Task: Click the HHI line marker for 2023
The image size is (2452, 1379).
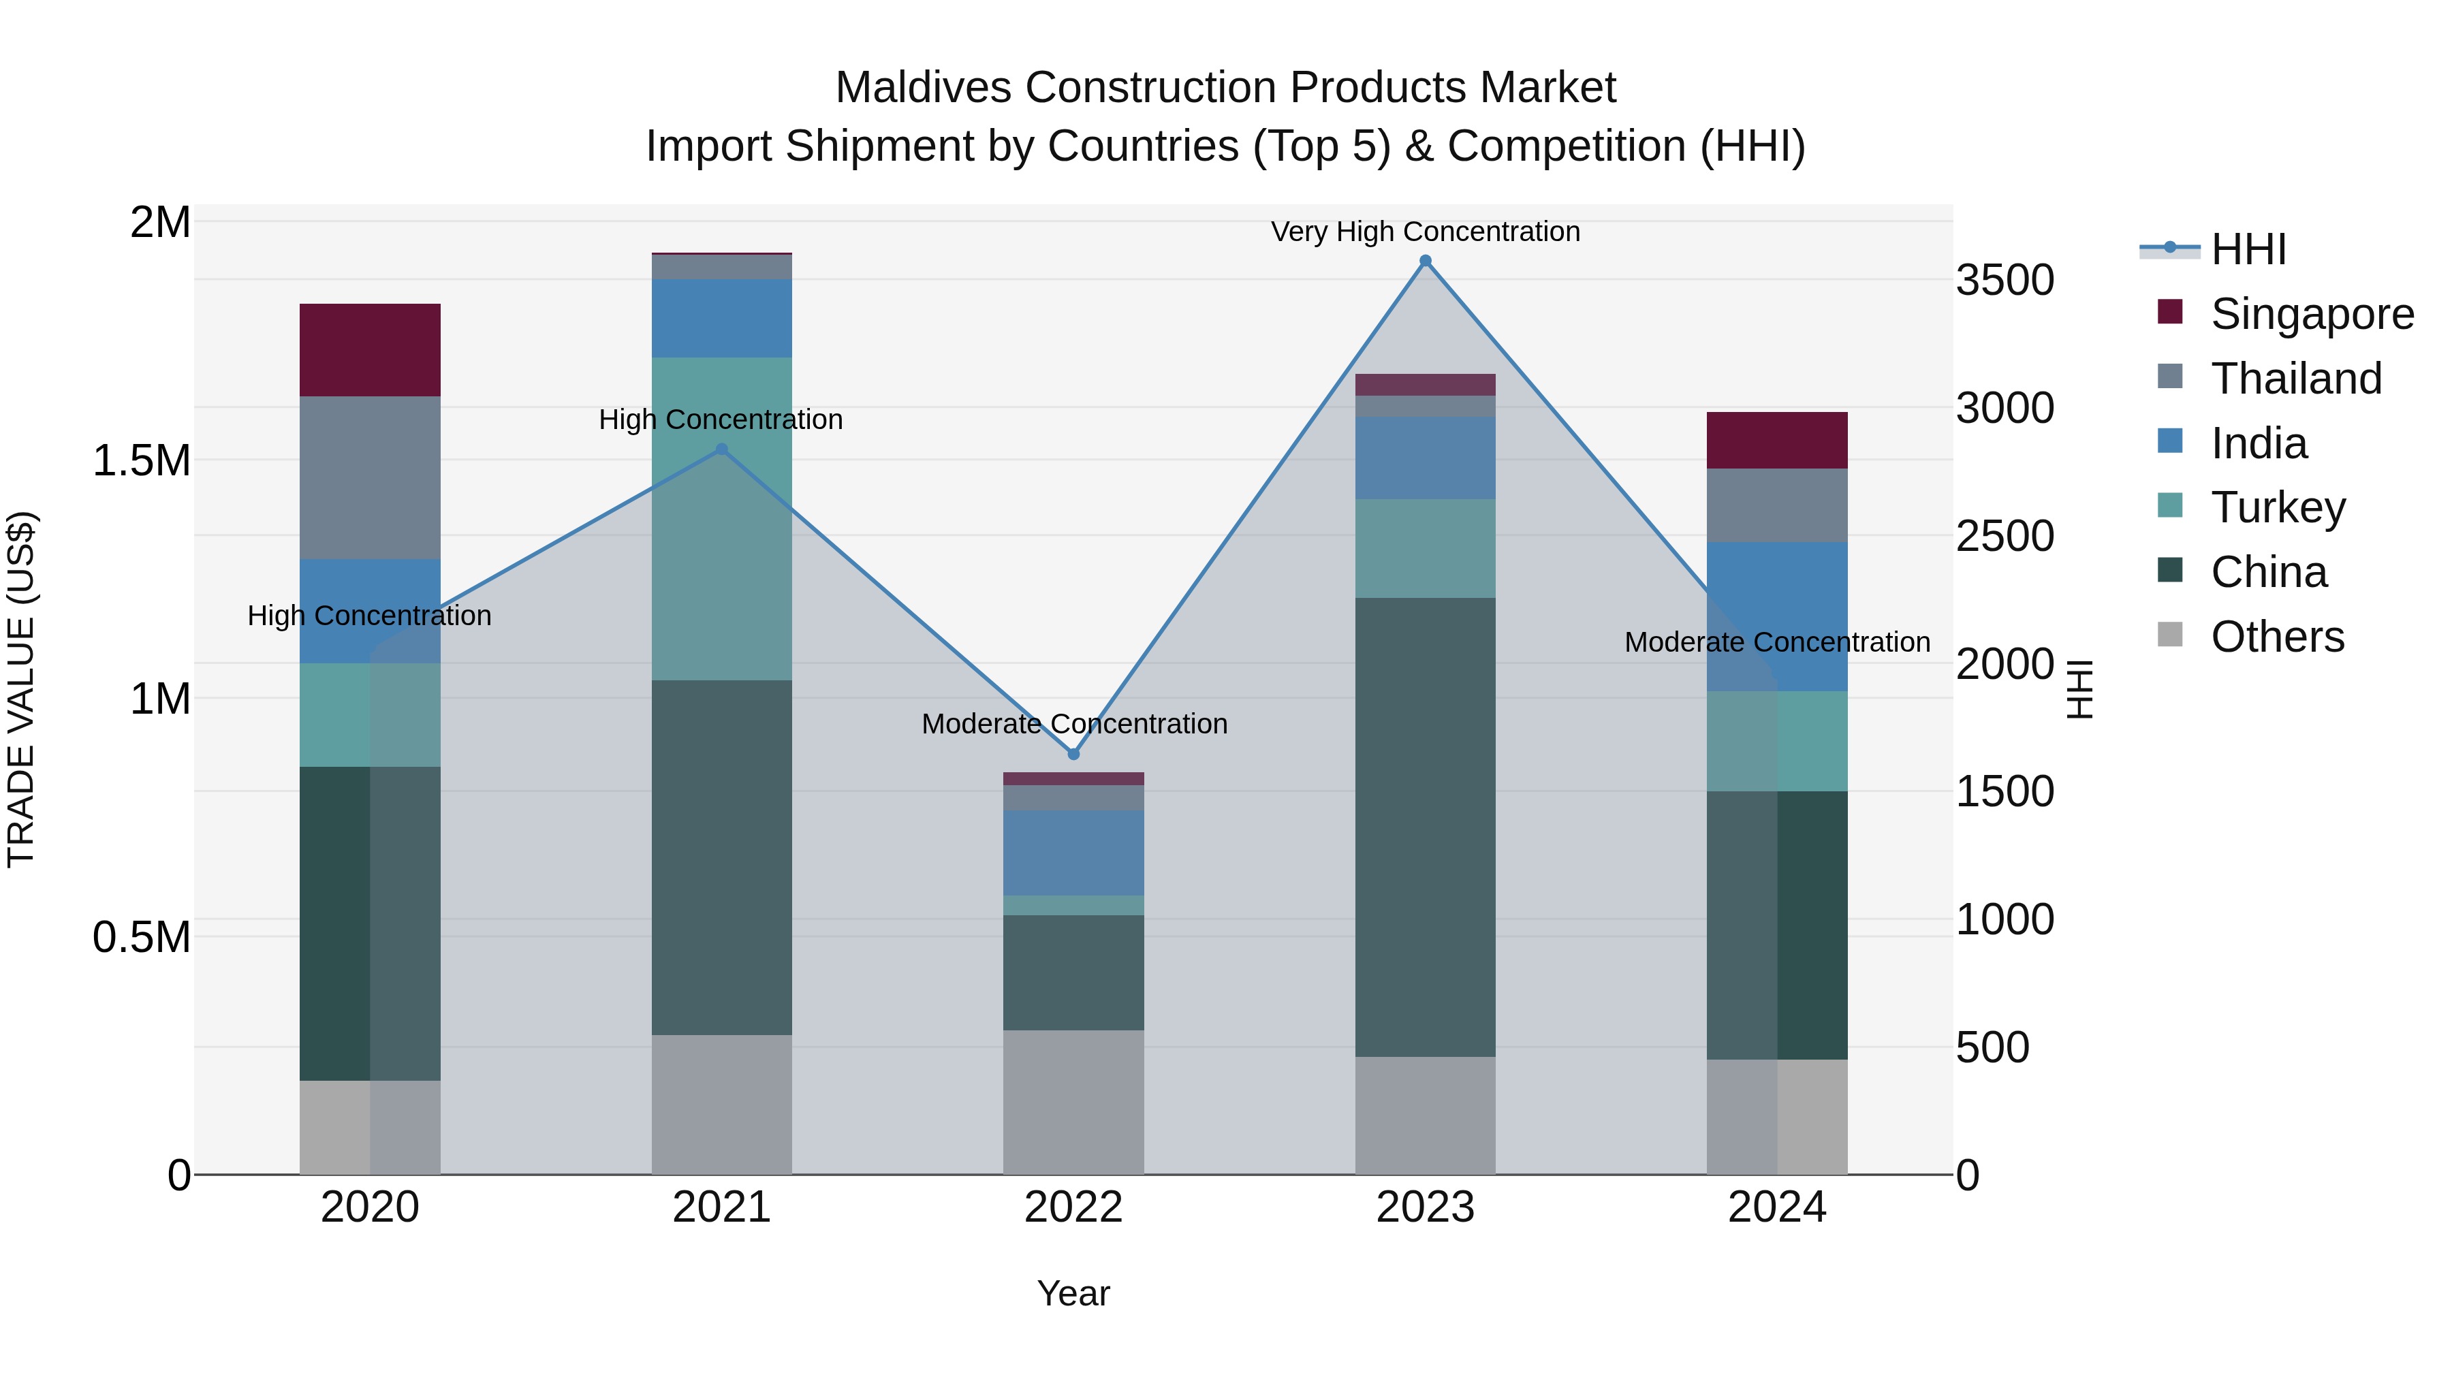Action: tap(1425, 261)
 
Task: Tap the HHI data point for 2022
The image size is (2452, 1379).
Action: tap(1073, 754)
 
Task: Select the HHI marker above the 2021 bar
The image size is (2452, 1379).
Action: tap(721, 449)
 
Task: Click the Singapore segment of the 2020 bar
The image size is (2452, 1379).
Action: tap(371, 349)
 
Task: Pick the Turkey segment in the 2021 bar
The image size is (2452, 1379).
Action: tap(721, 519)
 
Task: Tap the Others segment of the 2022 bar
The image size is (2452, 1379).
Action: tap(1073, 1102)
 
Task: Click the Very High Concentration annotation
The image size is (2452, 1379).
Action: tap(1425, 232)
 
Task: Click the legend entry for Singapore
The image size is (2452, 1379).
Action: tap(2311, 314)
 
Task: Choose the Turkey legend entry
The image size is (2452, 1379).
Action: tap(2278, 507)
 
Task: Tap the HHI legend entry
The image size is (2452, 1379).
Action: tap(2248, 249)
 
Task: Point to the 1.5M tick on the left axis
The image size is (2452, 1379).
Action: tap(142, 460)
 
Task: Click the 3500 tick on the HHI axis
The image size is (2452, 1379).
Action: tap(2005, 281)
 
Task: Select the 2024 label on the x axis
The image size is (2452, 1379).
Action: tap(1777, 1207)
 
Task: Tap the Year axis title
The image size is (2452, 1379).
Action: tap(1073, 1293)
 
